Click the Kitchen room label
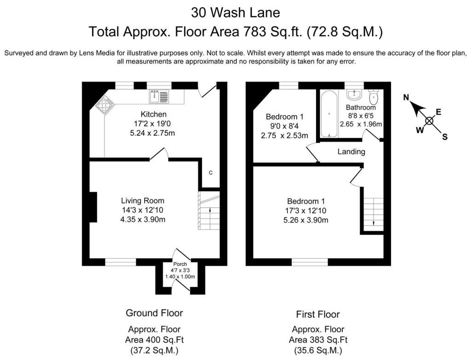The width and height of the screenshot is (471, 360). click(x=154, y=114)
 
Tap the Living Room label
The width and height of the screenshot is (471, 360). click(x=143, y=200)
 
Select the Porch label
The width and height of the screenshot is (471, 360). click(x=180, y=264)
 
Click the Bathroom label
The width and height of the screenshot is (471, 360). click(x=361, y=107)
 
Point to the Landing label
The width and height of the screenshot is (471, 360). click(x=351, y=152)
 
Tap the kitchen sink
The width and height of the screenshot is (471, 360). click(x=159, y=96)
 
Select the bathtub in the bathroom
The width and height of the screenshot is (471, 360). click(x=329, y=114)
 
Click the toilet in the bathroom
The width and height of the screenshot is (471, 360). click(x=373, y=97)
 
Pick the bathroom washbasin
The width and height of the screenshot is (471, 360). click(x=355, y=94)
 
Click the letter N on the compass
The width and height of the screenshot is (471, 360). click(x=406, y=97)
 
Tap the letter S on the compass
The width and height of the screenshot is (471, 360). click(x=445, y=137)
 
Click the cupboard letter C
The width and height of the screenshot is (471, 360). click(x=211, y=173)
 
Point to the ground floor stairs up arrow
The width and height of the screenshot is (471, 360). click(x=209, y=210)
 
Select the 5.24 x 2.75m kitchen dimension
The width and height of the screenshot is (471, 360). click(x=152, y=133)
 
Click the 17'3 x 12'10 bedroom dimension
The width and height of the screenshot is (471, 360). click(x=306, y=211)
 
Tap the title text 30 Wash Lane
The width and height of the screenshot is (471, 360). click(x=235, y=12)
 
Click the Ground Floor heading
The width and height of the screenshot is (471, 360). click(x=154, y=313)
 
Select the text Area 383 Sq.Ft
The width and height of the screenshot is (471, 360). click(x=318, y=340)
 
